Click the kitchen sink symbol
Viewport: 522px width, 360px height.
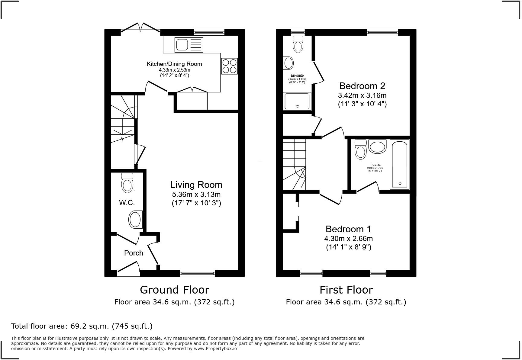pos(189,44)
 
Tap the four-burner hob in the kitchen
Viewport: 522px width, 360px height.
pos(229,66)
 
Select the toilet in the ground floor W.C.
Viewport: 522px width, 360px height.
pos(127,183)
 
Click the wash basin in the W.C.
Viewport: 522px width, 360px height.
pos(135,220)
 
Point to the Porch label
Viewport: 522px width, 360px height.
pos(134,253)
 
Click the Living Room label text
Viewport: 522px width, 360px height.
pos(196,185)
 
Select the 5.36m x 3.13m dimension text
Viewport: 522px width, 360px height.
pos(196,194)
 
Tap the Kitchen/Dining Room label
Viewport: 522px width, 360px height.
pos(174,64)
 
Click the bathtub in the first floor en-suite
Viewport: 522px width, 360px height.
pos(399,164)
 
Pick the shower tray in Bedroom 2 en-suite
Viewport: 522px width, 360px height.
pos(297,101)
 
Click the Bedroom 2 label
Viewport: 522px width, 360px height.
pos(362,86)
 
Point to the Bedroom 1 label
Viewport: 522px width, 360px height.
pos(348,229)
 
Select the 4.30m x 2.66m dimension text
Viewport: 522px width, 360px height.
pos(348,239)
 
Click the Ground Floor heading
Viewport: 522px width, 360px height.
pos(174,290)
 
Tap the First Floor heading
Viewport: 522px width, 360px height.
pos(346,290)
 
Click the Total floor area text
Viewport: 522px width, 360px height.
pos(82,326)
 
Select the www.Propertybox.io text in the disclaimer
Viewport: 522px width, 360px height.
pos(215,349)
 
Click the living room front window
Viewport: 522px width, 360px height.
pos(197,273)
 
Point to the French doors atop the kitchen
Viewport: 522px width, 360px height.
pos(141,28)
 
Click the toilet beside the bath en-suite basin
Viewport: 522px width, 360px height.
pos(361,149)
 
